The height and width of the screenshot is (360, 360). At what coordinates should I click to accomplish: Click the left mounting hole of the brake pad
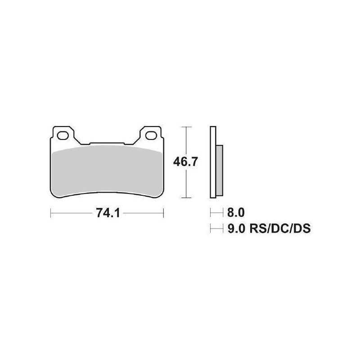click(63, 134)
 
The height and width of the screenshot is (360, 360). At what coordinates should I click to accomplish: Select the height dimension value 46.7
click(185, 162)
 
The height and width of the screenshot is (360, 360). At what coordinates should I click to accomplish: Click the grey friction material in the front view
click(107, 171)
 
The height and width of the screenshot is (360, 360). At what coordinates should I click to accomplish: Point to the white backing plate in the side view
click(212, 162)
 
